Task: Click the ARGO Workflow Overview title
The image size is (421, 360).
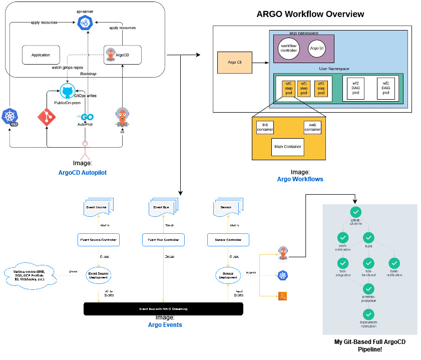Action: (310, 14)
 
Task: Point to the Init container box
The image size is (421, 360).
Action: (265, 127)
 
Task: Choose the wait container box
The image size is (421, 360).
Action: (312, 127)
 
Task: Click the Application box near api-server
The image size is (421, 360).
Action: (41, 55)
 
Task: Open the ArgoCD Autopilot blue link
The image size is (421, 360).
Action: (82, 173)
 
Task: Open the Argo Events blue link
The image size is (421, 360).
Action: (165, 325)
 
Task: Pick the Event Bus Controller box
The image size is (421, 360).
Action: (164, 240)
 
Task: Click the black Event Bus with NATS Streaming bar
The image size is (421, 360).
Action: (163, 309)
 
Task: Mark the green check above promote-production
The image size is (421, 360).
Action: (368, 288)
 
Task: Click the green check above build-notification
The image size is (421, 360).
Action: (394, 262)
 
